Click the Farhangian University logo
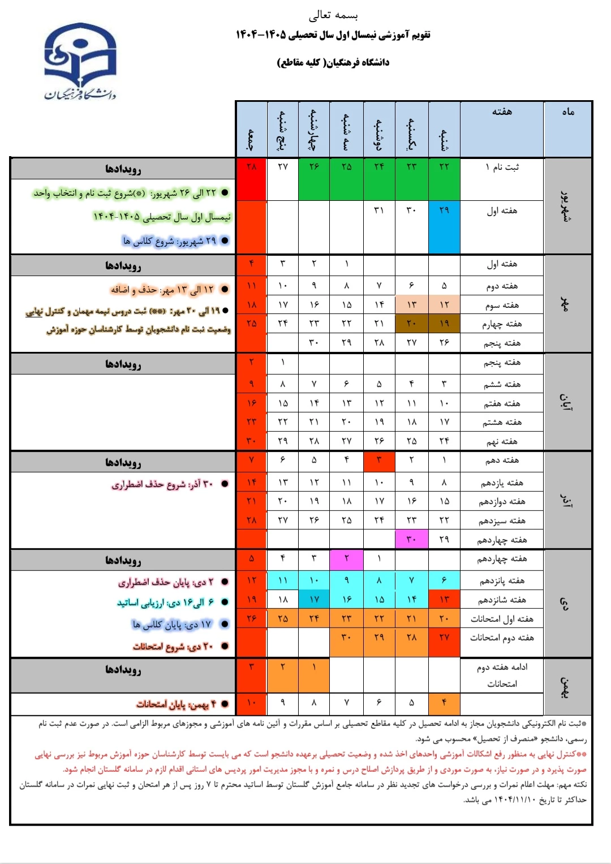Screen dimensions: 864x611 [80, 62]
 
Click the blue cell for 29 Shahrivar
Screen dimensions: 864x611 [444, 226]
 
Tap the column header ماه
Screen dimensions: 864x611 [568, 112]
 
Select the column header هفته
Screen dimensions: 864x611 [502, 112]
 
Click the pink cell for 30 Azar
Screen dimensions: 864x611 [411, 539]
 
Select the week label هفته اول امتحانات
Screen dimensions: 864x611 [502, 619]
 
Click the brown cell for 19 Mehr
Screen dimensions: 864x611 [444, 324]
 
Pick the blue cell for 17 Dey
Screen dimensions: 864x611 [314, 600]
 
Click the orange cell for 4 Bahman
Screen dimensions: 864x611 [444, 703]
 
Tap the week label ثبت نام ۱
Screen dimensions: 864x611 [502, 167]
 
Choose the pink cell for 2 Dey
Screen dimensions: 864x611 [346, 558]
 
